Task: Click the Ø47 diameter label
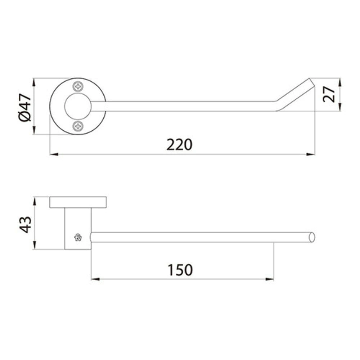click(x=25, y=107)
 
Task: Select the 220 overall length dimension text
click(x=179, y=145)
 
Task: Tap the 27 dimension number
click(x=329, y=94)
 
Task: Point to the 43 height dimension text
click(x=25, y=225)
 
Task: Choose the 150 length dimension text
click(x=180, y=270)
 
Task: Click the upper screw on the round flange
click(x=78, y=86)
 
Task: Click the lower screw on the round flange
click(x=78, y=126)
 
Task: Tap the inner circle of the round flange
click(x=78, y=106)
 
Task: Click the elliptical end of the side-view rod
click(x=312, y=237)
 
